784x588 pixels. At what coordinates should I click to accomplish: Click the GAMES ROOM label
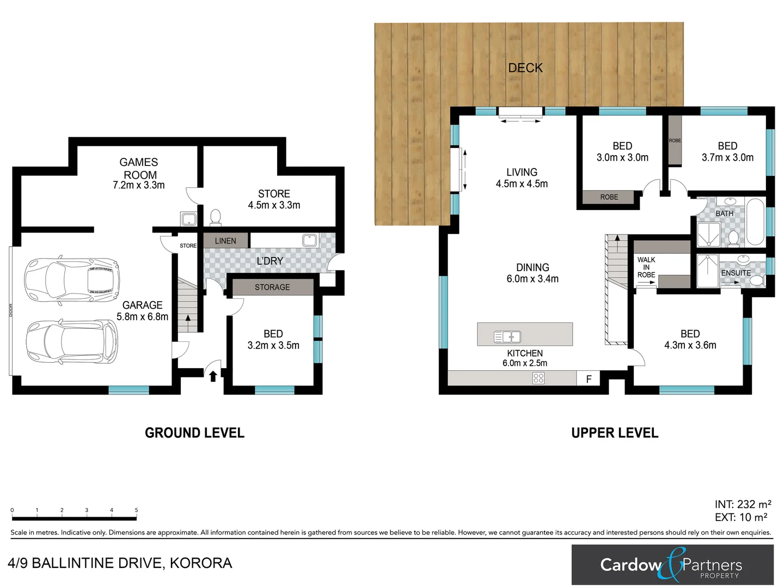pyautogui.click(x=139, y=168)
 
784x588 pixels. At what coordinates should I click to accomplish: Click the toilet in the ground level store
pyautogui.click(x=216, y=217)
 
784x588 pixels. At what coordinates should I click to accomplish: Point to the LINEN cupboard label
pyautogui.click(x=225, y=241)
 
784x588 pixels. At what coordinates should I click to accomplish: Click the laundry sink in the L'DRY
pyautogui.click(x=310, y=240)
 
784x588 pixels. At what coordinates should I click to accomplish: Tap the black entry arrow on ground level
pyautogui.click(x=213, y=376)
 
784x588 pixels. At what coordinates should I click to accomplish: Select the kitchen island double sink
pyautogui.click(x=507, y=337)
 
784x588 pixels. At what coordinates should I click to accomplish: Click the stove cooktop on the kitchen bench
pyautogui.click(x=538, y=378)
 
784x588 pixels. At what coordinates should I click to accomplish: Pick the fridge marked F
pyautogui.click(x=589, y=379)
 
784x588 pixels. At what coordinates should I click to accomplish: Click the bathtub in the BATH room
pyautogui.click(x=755, y=223)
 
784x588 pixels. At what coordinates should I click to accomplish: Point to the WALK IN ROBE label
pyautogui.click(x=646, y=267)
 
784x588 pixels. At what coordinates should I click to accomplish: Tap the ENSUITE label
pyautogui.click(x=736, y=273)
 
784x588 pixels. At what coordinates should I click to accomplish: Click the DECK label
pyautogui.click(x=525, y=68)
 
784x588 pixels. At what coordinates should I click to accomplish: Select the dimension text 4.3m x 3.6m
pyautogui.click(x=690, y=345)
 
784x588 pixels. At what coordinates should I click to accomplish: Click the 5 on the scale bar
pyautogui.click(x=136, y=510)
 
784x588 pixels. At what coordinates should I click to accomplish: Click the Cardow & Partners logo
pyautogui.click(x=672, y=565)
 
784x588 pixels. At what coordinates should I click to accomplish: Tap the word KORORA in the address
pyautogui.click(x=201, y=563)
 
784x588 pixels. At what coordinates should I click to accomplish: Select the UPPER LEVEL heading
pyautogui.click(x=615, y=433)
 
